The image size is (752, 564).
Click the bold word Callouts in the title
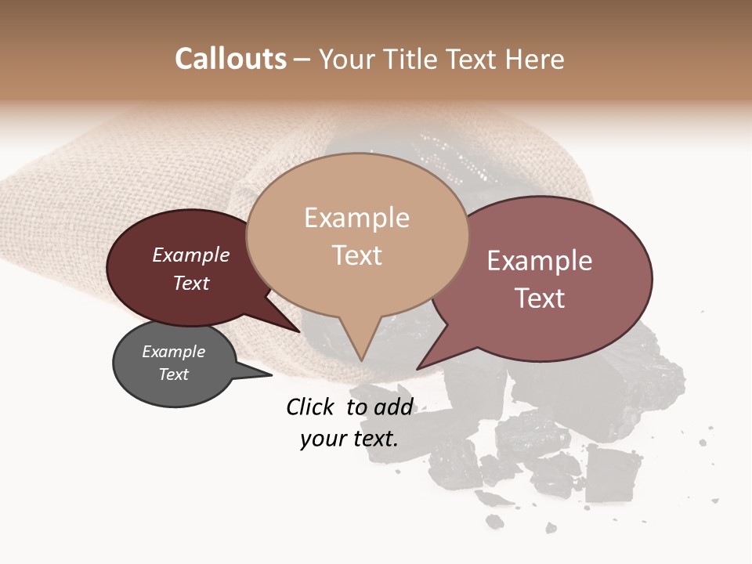point(230,59)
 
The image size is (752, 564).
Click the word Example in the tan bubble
point(356,218)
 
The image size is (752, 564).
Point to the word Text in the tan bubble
point(356,255)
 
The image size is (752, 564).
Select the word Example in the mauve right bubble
point(540,261)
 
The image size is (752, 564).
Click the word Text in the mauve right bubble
point(540,298)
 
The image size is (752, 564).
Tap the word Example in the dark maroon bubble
point(190,255)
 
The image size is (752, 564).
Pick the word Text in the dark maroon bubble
point(190,283)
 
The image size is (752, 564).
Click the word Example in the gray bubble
point(173,352)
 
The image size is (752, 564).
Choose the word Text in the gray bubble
point(173,374)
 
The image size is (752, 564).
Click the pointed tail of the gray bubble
point(270,375)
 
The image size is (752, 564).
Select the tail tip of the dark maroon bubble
point(298,331)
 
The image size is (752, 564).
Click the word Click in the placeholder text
point(309,407)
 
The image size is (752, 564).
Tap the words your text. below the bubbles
point(349,439)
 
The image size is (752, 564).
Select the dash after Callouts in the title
point(302,60)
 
